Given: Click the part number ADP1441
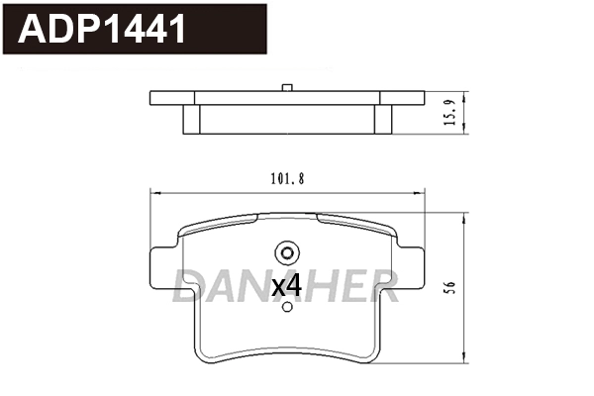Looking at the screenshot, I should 102,29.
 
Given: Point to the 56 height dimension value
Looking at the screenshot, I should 449,286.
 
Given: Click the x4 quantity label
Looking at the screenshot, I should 286,286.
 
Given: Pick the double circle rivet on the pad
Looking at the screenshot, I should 286,251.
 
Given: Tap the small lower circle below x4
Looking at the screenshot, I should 287,307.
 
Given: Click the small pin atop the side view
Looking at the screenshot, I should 286,88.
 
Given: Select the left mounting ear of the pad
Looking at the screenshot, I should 161,273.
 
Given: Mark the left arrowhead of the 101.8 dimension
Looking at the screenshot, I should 151,192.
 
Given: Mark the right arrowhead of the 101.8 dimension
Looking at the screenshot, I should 422,192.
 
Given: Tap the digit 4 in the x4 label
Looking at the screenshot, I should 293,286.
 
